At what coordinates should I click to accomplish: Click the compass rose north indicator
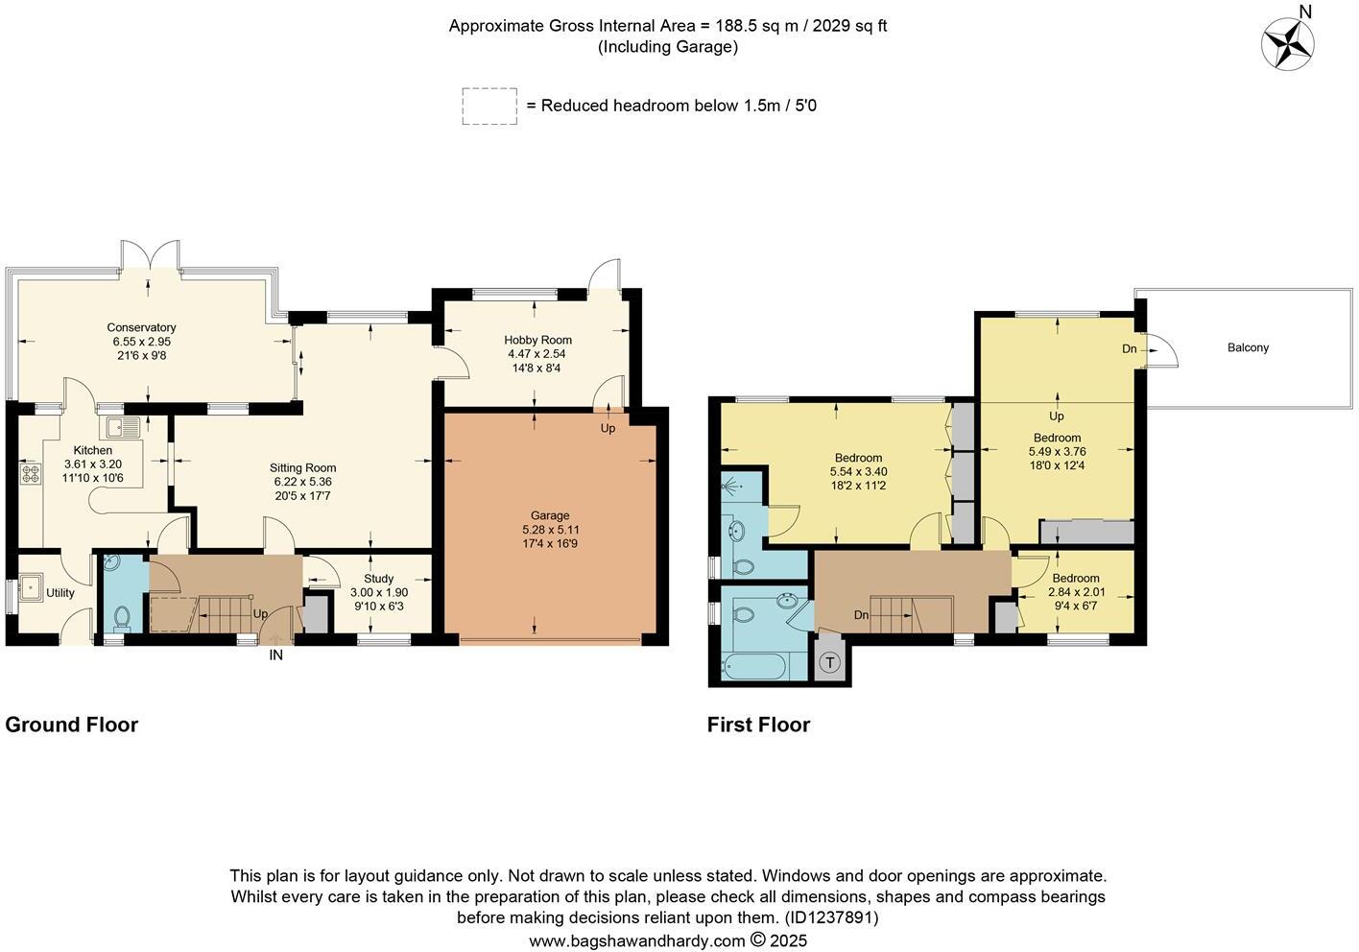tap(1288, 42)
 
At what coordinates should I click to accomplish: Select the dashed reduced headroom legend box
tap(489, 106)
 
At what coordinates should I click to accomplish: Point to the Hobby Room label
tap(537, 340)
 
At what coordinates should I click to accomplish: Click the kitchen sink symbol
tap(124, 427)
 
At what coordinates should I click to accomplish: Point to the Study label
tap(378, 579)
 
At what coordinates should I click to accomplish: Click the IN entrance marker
tap(275, 655)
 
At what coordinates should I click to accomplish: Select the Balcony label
tap(1248, 347)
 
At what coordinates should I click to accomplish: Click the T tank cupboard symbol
tap(829, 662)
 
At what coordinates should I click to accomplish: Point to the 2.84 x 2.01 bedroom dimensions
tap(1075, 592)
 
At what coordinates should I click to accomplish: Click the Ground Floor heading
tap(72, 725)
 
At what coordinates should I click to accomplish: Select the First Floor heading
tap(758, 725)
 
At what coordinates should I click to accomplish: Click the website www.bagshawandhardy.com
tap(636, 940)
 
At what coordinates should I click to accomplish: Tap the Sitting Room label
tap(302, 468)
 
